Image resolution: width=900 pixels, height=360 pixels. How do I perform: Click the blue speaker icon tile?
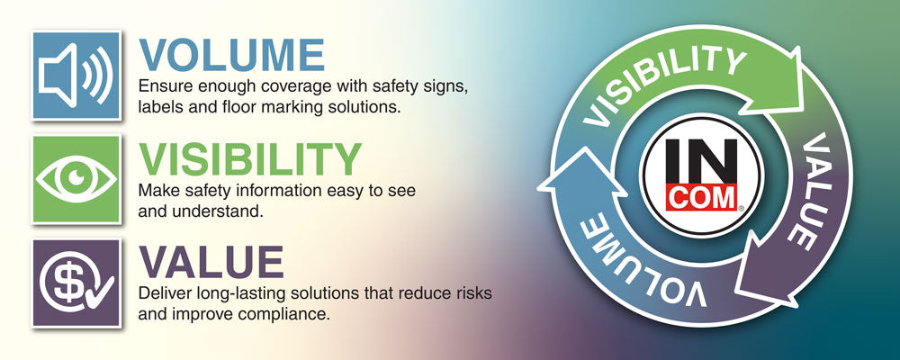coord(76,76)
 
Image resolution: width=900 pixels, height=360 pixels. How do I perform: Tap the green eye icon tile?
coord(76,179)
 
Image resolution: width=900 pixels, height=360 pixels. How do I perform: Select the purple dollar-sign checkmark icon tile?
coord(76,283)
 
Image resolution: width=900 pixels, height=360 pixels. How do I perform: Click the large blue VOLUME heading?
coord(231,56)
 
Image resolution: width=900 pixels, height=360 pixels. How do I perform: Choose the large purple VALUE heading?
coord(211,263)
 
